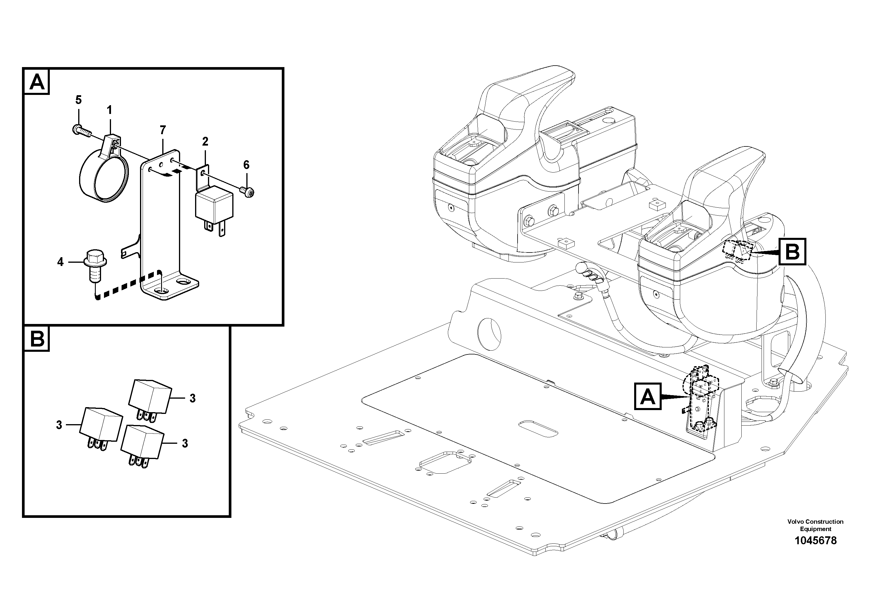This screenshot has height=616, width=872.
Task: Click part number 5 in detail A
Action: [x=78, y=100]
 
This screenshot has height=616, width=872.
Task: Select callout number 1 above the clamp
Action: [x=109, y=110]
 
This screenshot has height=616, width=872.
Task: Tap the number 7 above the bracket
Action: [x=163, y=130]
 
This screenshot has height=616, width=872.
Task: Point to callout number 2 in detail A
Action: [x=205, y=142]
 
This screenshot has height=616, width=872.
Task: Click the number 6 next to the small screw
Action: [x=246, y=165]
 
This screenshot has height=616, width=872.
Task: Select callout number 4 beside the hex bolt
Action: [x=60, y=262]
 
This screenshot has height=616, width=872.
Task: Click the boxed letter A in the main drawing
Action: [x=648, y=397]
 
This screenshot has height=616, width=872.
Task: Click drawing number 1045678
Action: [x=815, y=540]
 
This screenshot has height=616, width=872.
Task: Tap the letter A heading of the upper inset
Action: [x=37, y=82]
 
